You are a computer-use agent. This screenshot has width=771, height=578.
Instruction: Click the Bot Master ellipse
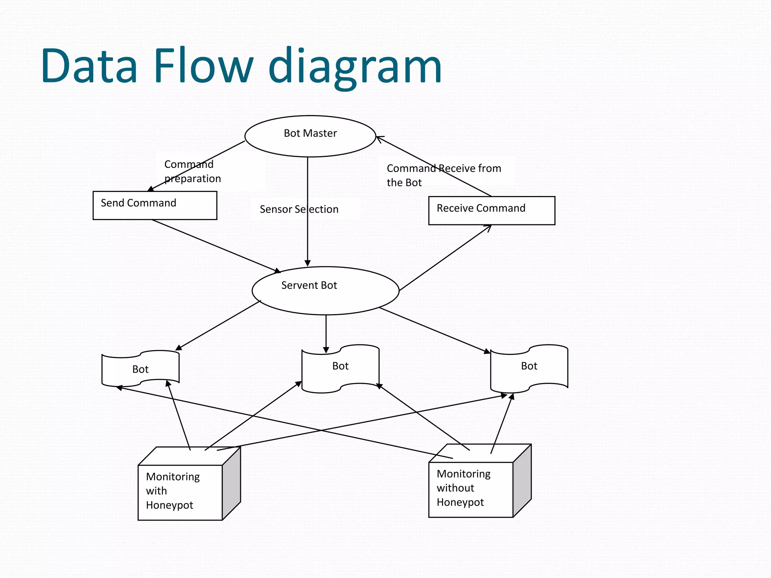pos(310,136)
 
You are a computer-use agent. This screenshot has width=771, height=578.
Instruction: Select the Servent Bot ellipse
pos(325,291)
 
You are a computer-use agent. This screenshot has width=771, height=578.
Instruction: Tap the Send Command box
pos(155,205)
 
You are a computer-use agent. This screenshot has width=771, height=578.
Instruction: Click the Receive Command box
pos(491,210)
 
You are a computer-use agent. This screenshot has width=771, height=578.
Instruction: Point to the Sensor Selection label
pos(299,209)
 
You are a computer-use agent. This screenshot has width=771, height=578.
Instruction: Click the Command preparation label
pos(192,171)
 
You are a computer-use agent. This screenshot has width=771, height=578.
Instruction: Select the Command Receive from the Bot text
pos(443,175)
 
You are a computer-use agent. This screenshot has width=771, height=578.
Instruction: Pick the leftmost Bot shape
pos(140,369)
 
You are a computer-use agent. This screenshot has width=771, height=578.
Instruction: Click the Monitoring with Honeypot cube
pos(180,492)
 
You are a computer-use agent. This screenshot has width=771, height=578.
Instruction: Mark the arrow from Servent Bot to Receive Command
pos(445,258)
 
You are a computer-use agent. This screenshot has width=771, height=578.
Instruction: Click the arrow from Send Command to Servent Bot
pos(216,246)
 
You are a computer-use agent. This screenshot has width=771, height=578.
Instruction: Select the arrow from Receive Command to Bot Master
pos(434,166)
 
